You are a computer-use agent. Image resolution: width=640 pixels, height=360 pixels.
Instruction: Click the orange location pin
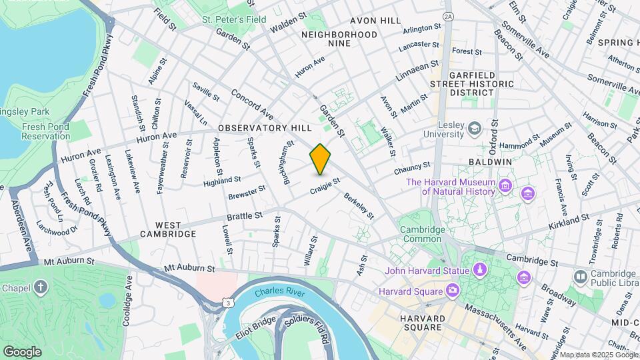pos(320,159)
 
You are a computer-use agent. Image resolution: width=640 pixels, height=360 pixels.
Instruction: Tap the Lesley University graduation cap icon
pos(474,127)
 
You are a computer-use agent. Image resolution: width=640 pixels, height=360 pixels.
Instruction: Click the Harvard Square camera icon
pos(453,291)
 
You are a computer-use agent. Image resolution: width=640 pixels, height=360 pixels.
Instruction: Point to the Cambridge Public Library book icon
pos(580,275)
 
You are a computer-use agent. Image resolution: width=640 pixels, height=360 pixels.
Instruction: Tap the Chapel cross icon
pos(41,287)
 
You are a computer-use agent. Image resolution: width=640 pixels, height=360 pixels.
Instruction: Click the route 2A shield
pos(447,15)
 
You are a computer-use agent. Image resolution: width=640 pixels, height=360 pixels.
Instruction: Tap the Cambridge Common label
pos(422,235)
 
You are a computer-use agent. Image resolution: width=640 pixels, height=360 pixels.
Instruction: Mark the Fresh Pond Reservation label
pos(45,131)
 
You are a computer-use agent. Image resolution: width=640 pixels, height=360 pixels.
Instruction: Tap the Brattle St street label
pos(245,217)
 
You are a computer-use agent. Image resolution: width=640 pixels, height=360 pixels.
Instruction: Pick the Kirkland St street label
pos(569,220)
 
